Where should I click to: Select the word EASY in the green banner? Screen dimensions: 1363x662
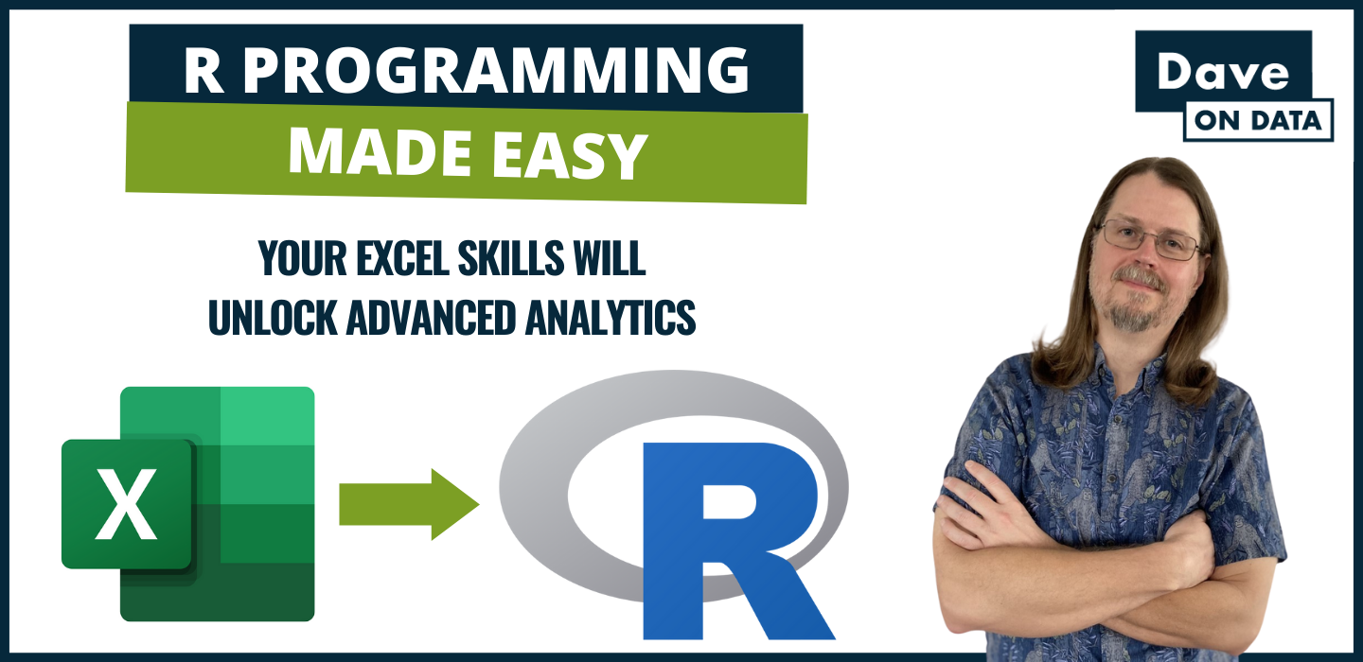[x=569, y=156]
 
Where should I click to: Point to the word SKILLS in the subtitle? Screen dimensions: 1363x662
[x=511, y=258]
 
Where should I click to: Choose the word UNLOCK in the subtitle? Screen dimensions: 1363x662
[x=273, y=317]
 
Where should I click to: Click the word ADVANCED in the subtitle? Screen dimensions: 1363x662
[x=431, y=317]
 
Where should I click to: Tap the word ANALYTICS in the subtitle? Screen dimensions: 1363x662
[x=611, y=317]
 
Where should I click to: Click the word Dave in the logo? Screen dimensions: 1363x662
[x=1223, y=72]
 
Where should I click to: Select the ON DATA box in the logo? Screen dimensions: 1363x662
[x=1258, y=120]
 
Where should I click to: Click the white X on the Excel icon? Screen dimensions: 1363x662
[x=127, y=504]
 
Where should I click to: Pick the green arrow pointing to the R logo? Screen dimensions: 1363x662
[x=409, y=504]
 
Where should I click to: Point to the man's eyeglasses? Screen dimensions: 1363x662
[x=1149, y=240]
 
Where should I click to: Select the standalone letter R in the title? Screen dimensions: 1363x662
[x=204, y=71]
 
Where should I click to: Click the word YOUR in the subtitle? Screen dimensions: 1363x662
[x=303, y=258]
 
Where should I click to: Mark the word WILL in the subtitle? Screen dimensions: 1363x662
[x=610, y=258]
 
